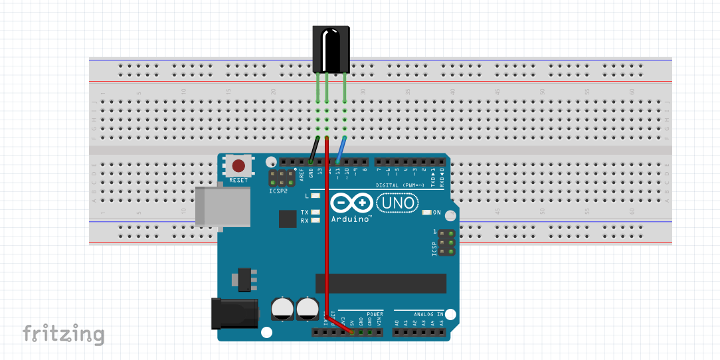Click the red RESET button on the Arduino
tap(238, 165)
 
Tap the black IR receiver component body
tap(330, 49)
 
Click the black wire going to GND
tap(314, 149)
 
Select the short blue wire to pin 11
tap(341, 149)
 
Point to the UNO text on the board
tap(397, 203)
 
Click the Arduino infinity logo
tap(351, 203)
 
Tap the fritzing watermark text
tap(64, 334)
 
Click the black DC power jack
tap(234, 314)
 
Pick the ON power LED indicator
tap(427, 213)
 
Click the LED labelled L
tap(315, 196)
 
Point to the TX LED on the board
tap(315, 213)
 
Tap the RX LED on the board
tap(315, 220)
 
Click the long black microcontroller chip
tap(381, 283)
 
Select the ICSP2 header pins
tap(282, 178)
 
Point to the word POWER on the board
tap(375, 314)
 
